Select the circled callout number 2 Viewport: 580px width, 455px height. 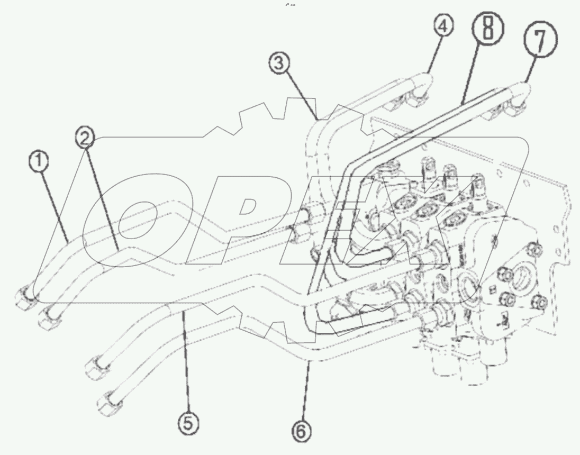(85, 139)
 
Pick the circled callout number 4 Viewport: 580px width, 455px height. (443, 26)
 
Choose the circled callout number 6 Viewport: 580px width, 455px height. (301, 431)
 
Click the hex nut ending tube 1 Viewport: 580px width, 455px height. (25, 299)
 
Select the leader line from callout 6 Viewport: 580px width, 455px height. (305, 392)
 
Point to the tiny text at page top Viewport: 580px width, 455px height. (290, 5)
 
